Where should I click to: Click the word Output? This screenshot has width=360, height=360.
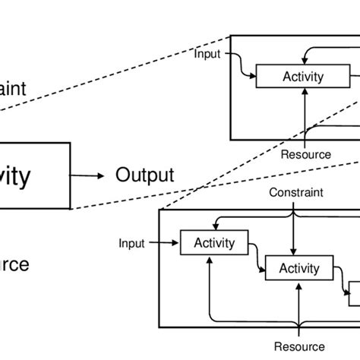click(x=144, y=175)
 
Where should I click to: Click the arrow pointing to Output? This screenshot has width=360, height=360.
click(x=90, y=175)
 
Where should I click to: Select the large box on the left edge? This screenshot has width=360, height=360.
click(x=34, y=176)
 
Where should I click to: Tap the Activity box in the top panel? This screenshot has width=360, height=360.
click(x=302, y=77)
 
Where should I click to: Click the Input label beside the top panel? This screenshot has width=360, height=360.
click(x=208, y=53)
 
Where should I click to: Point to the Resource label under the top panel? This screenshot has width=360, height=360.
click(x=305, y=154)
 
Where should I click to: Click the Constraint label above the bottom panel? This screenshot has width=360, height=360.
click(x=296, y=193)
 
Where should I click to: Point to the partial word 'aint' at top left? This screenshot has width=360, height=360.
click(x=13, y=89)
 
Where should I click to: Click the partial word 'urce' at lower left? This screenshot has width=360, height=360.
click(x=14, y=264)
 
